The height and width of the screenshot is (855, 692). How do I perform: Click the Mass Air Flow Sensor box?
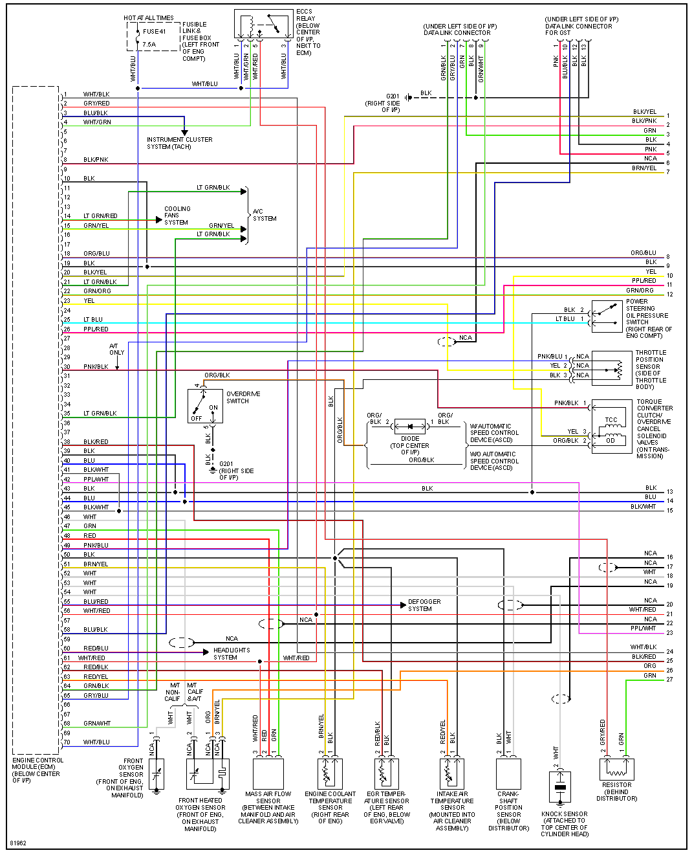(x=268, y=773)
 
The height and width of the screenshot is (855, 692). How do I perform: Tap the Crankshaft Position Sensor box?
(x=508, y=773)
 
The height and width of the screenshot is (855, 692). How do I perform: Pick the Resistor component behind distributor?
(x=616, y=769)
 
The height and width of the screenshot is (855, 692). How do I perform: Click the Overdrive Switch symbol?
(x=205, y=406)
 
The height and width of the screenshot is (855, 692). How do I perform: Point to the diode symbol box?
(x=410, y=427)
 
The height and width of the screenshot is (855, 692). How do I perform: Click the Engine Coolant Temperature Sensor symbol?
(x=330, y=773)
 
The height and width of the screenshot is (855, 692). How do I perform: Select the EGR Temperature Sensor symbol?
(x=387, y=773)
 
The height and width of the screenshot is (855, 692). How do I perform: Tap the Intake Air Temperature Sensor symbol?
(x=452, y=773)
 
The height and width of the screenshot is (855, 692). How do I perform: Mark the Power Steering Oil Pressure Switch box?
(x=607, y=317)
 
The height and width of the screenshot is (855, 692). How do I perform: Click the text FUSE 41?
(x=154, y=31)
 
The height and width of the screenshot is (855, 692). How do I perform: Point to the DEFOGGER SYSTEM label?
(x=424, y=605)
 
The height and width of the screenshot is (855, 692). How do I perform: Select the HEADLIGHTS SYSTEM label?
(x=232, y=654)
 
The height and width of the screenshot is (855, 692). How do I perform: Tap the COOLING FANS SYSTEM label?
(x=177, y=216)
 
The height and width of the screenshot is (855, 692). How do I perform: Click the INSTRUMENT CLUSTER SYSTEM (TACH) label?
(x=179, y=143)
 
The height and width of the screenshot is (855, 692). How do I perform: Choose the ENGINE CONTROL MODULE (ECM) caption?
(x=38, y=770)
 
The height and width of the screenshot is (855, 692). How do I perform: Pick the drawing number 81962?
(x=18, y=843)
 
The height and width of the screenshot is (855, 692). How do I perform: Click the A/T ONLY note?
(x=117, y=350)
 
